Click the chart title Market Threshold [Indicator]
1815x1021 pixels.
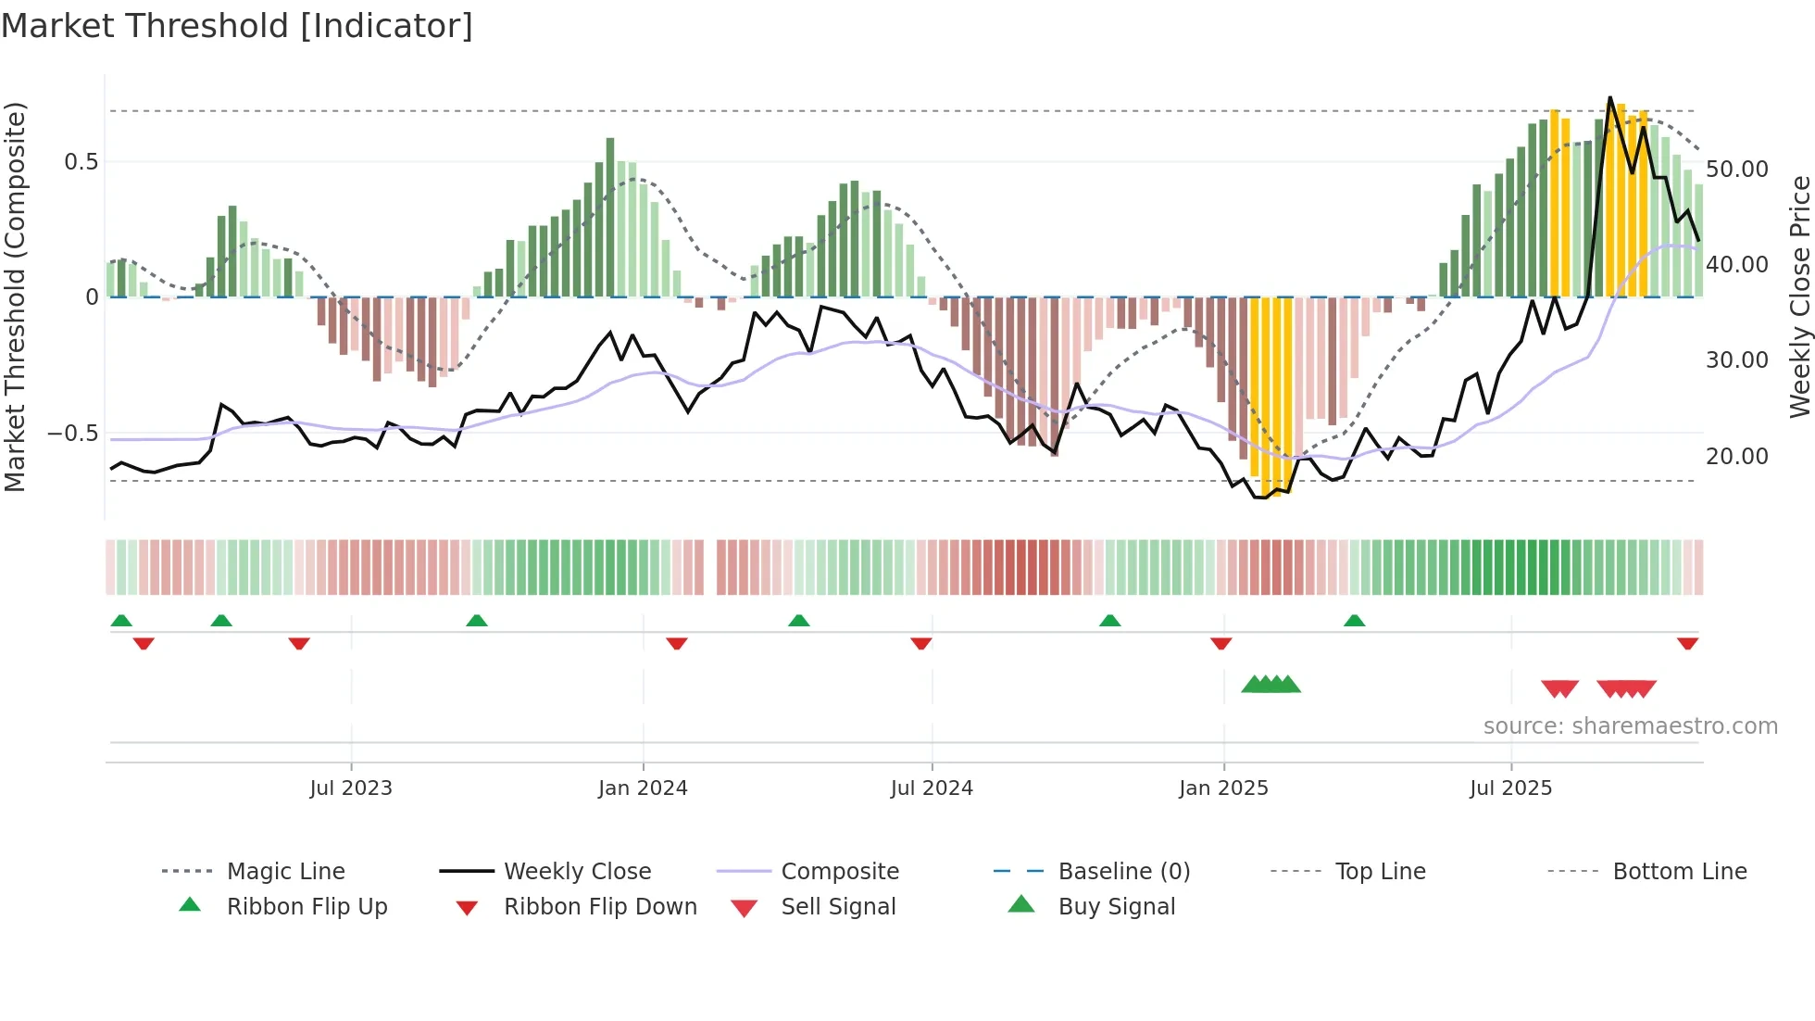(x=237, y=26)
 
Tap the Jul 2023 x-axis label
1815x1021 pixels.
(x=351, y=788)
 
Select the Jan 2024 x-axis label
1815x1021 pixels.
(x=643, y=788)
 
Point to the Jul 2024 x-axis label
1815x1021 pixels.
(x=932, y=788)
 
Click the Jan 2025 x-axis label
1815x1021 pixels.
(x=1223, y=788)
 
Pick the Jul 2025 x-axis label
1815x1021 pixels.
(x=1510, y=788)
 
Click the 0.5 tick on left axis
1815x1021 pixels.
(x=81, y=162)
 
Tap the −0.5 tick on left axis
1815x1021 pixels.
(x=73, y=434)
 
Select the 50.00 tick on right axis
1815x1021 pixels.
(x=1737, y=170)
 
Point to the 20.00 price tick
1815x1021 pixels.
(x=1737, y=457)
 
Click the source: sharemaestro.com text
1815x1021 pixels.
(x=1630, y=726)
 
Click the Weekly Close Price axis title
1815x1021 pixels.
(x=1799, y=296)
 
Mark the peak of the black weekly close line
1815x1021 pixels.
(x=1610, y=97)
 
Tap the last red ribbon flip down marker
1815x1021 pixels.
(x=1687, y=643)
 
